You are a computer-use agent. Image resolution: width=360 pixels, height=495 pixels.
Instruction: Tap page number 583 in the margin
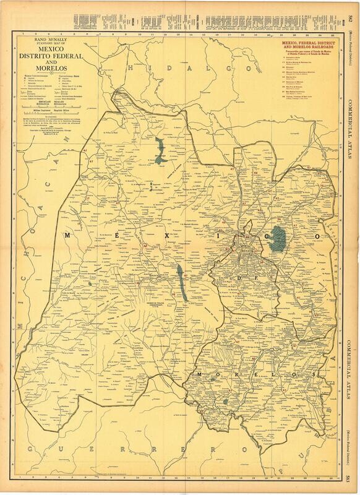pyautogui.click(x=349, y=476)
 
